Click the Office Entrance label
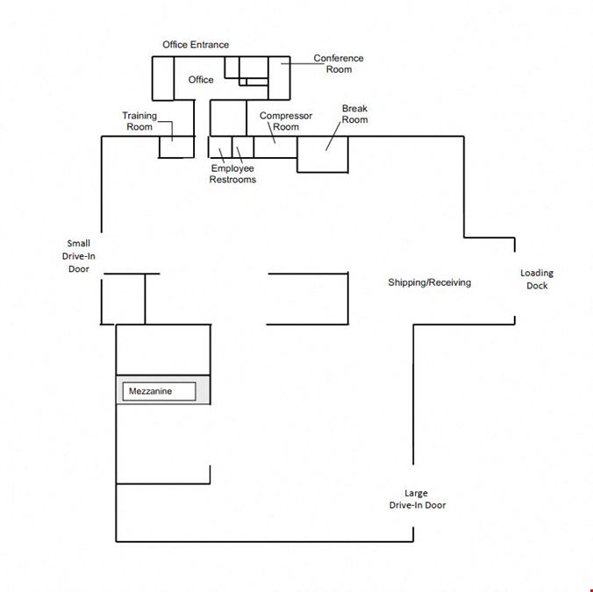click(x=196, y=45)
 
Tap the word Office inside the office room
click(x=201, y=80)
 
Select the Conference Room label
click(x=339, y=64)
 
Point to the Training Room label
click(x=139, y=121)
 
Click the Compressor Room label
click(x=286, y=121)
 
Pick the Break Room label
click(x=354, y=114)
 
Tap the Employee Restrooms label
click(x=232, y=174)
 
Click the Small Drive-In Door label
click(x=79, y=256)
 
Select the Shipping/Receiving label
click(x=430, y=282)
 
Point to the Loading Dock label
click(x=537, y=279)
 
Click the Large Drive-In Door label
click(x=418, y=499)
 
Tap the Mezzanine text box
click(x=160, y=391)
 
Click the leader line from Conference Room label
click(x=303, y=63)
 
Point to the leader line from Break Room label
click(x=333, y=137)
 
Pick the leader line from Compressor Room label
click(x=272, y=132)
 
